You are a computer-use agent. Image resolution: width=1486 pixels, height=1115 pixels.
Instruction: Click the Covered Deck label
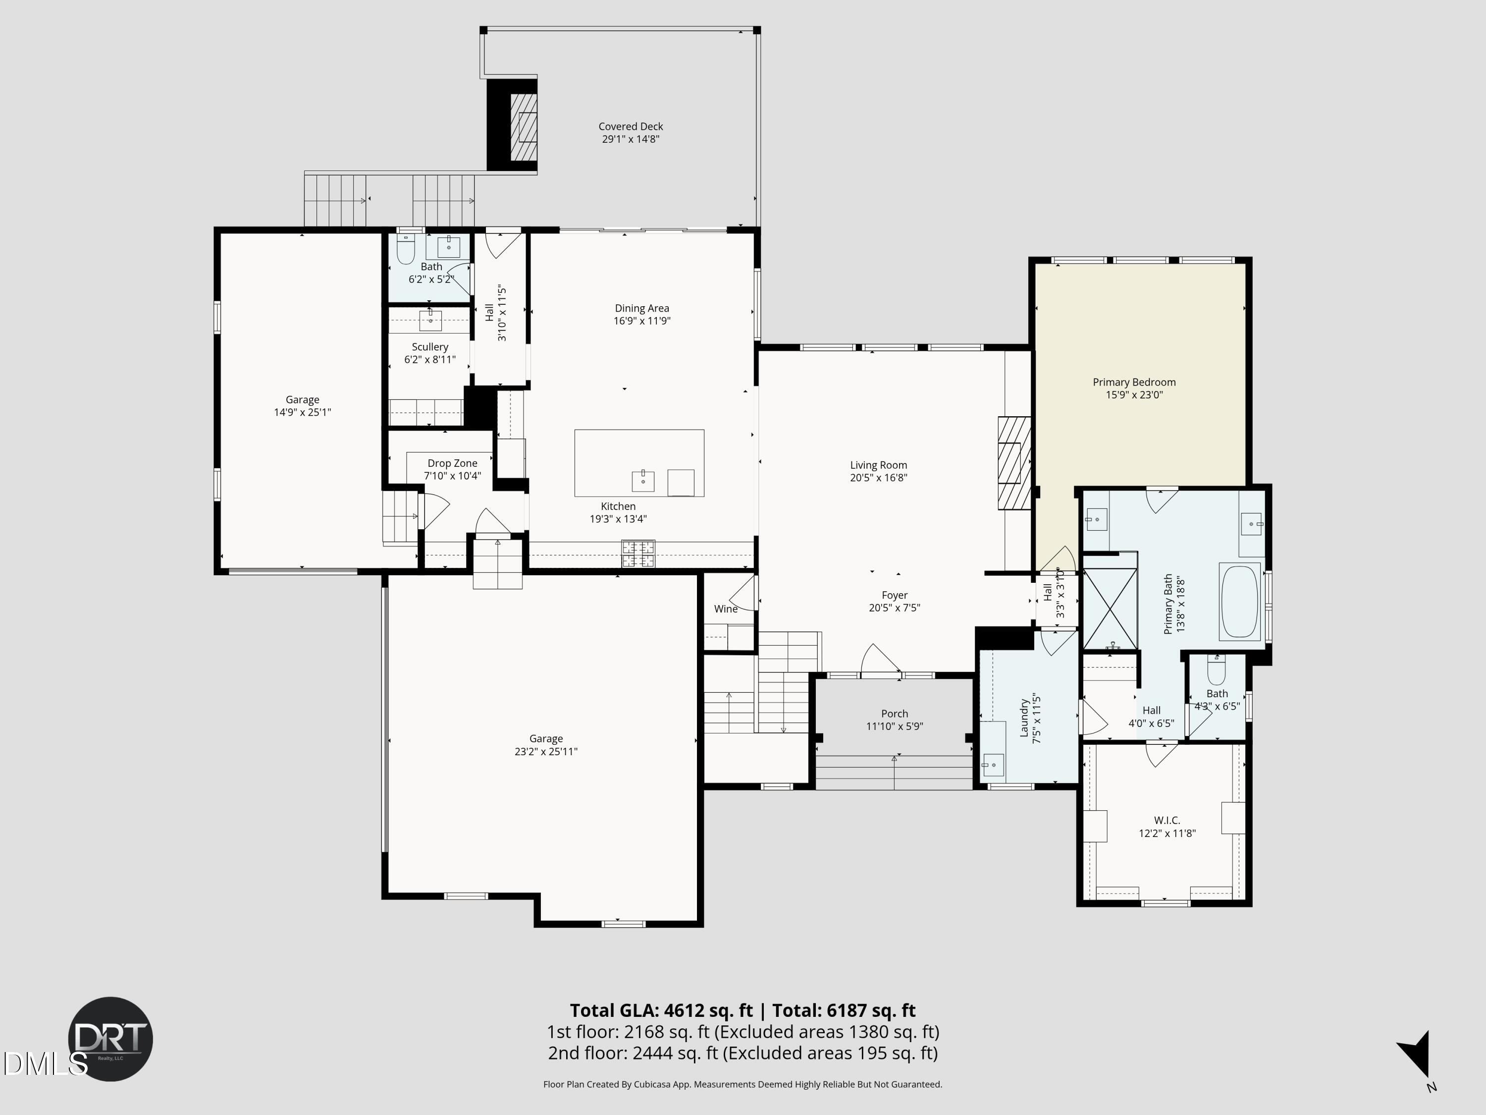(630, 126)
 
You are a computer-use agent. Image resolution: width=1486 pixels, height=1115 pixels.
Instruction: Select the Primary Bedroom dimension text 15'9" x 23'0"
(1134, 395)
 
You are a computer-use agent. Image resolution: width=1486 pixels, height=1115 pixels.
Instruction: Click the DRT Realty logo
(111, 1038)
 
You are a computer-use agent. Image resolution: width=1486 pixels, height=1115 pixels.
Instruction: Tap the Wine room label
(726, 609)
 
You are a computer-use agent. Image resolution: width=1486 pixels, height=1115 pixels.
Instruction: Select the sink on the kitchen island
(643, 481)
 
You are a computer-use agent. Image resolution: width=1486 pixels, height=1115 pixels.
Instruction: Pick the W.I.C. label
(1167, 821)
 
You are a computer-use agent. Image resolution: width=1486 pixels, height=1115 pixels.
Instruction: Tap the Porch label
(894, 714)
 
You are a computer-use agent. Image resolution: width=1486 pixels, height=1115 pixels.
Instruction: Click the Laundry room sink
(992, 765)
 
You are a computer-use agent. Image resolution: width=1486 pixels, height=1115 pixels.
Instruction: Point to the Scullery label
(430, 347)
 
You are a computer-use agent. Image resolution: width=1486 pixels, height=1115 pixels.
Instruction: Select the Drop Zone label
(452, 463)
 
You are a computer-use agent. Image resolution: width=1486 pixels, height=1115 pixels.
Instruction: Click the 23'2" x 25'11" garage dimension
(545, 751)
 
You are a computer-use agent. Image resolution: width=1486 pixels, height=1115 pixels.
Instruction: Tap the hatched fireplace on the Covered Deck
(524, 126)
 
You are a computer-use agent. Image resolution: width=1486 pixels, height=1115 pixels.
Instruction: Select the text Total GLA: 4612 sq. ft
(662, 1011)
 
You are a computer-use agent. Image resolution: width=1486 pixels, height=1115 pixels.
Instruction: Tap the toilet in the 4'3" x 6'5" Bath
(1216, 671)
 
